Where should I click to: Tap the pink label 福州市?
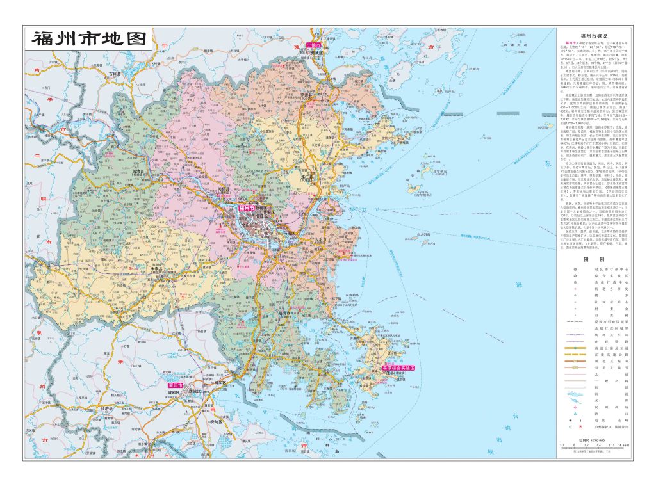(247, 208)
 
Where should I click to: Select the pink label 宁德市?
(314, 46)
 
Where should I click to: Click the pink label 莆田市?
(175, 387)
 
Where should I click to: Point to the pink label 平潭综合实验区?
(398, 369)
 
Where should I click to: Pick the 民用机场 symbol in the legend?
(575, 406)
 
